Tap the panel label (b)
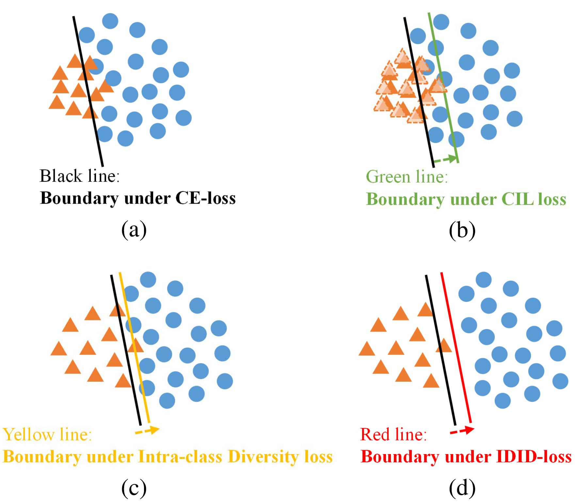point(462,230)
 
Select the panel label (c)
point(134,488)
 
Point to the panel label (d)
point(462,488)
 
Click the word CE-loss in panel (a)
point(206,198)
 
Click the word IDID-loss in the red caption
point(534,456)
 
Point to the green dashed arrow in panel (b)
point(446,160)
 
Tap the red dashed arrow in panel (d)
point(462,431)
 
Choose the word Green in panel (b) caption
point(388,177)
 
